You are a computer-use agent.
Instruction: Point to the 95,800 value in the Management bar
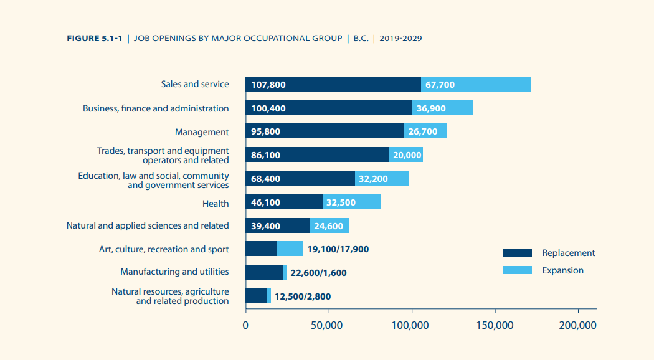pyautogui.click(x=265, y=132)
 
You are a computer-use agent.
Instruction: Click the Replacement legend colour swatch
pyautogui.click(x=517, y=253)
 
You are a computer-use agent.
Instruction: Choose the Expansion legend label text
pyautogui.click(x=562, y=270)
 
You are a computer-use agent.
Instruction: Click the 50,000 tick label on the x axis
pyautogui.click(x=328, y=325)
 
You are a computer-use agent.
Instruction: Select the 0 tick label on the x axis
pyautogui.click(x=246, y=325)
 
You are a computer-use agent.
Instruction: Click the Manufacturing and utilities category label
pyautogui.click(x=174, y=272)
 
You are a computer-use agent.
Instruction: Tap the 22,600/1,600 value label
pyautogui.click(x=318, y=273)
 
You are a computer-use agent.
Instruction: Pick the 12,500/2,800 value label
pyautogui.click(x=303, y=296)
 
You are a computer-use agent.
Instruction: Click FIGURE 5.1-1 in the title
pyautogui.click(x=94, y=39)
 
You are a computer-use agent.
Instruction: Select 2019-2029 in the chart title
pyautogui.click(x=403, y=39)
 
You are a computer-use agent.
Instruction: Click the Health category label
pyautogui.click(x=216, y=204)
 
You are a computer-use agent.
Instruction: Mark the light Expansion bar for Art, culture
pyautogui.click(x=290, y=249)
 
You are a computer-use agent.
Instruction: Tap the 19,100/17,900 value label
pyautogui.click(x=338, y=249)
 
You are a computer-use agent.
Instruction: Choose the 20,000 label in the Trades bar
pyautogui.click(x=407, y=155)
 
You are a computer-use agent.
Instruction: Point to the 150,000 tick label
pyautogui.click(x=495, y=325)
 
